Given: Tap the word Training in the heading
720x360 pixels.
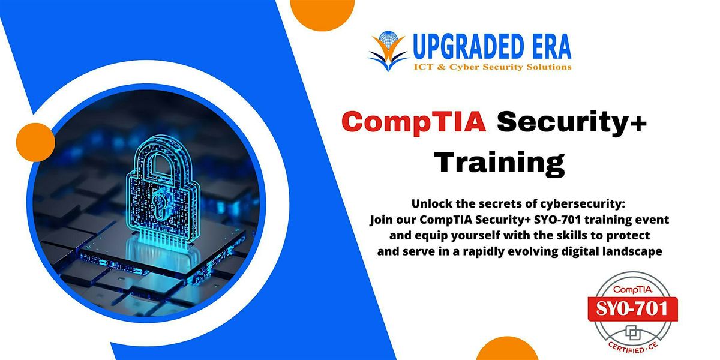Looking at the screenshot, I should click(x=499, y=162).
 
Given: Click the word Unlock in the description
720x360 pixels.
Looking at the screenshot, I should click(x=413, y=205).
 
